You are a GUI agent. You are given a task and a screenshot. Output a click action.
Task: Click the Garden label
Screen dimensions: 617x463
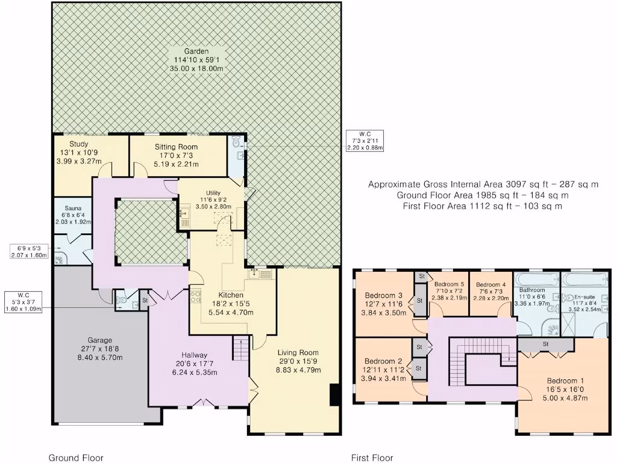coord(196,51)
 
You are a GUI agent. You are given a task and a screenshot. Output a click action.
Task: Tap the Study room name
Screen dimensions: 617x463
coord(79,144)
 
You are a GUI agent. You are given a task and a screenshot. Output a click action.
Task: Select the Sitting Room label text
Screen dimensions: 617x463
coord(176,147)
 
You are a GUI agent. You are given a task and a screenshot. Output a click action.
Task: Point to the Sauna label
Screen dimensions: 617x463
coord(73,208)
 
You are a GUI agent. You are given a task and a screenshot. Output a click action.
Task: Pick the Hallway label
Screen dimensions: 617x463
coord(194,355)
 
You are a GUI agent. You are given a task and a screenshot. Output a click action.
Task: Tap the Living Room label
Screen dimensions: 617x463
coord(298,353)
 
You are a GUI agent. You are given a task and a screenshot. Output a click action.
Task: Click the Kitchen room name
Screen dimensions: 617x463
coord(231,295)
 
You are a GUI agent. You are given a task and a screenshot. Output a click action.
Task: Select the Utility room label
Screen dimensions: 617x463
coord(213,194)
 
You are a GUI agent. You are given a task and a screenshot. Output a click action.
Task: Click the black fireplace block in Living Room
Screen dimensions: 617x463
coord(334,394)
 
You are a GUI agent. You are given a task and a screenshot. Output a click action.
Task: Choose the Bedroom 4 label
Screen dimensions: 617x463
coord(490,285)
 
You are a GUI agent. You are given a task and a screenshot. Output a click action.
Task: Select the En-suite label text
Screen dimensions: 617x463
coord(584,297)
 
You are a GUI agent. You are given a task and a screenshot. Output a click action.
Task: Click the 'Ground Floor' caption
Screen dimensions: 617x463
coord(76,458)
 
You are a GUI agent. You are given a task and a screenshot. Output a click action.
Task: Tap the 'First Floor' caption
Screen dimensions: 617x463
coord(372,458)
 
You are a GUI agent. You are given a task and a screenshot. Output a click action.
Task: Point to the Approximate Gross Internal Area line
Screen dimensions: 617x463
coord(483,184)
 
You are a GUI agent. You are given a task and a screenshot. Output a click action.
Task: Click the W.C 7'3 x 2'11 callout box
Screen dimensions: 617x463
coord(365,141)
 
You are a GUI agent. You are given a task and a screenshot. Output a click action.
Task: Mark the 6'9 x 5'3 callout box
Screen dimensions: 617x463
coord(29,251)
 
